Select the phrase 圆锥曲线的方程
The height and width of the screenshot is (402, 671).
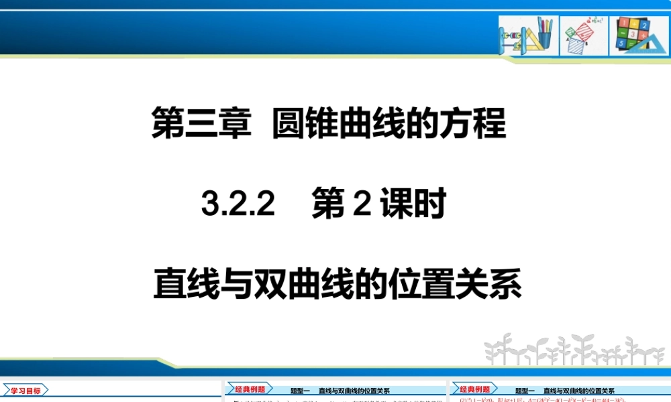pos(389,125)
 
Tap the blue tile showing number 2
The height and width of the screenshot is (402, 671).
pos(643,25)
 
